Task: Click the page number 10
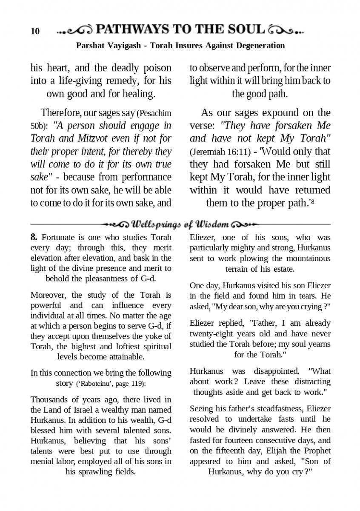[x=35, y=31]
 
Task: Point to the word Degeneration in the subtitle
[x=260, y=45]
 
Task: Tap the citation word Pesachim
[x=154, y=113]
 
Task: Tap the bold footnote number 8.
[x=34, y=237]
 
